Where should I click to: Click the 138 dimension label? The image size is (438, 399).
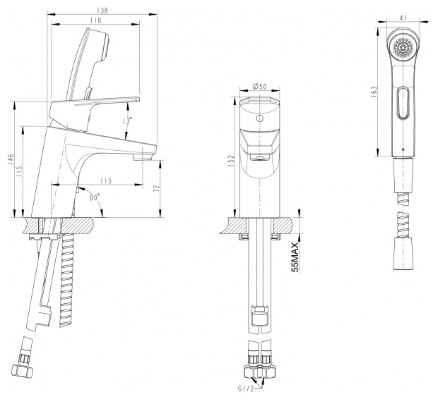pos(102,11)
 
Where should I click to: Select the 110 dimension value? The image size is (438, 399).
pos(95,20)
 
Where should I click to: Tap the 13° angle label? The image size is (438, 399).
pos(127,121)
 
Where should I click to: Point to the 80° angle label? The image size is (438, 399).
pos(95,197)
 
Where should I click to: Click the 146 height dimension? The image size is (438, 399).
pos(11,159)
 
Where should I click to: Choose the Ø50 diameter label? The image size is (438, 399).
pos(259,87)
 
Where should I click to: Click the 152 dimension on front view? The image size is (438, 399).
pos(231,161)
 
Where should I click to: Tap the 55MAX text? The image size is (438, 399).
pos(295,257)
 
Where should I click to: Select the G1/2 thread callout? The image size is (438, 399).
pos(246,388)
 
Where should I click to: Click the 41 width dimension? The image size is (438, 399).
pos(403,18)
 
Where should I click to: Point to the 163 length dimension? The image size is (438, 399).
pos(374,92)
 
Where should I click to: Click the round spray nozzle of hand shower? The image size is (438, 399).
pos(403,48)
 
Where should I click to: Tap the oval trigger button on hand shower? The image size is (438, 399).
pos(403,103)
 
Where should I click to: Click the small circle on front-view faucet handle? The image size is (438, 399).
pos(260,118)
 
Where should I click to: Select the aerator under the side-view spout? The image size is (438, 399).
pos(143,157)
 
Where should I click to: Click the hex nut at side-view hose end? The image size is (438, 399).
pos(23,371)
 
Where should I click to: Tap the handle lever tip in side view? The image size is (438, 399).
pos(138,99)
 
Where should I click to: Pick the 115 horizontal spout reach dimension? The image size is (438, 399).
pos(106,180)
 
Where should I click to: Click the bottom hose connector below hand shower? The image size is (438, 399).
pos(403,254)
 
